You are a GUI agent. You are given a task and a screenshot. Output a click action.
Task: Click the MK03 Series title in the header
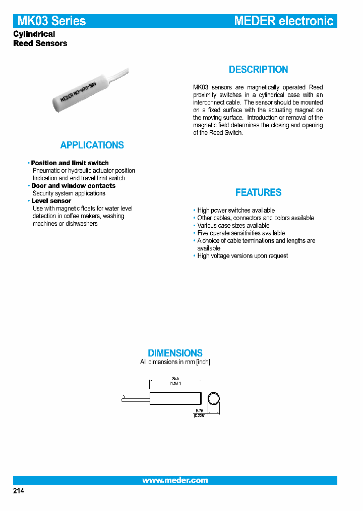51,21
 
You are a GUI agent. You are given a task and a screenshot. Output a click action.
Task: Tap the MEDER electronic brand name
283,21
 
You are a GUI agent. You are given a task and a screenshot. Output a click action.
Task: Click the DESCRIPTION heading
258,70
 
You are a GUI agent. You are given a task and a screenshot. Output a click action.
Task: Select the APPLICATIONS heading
92,145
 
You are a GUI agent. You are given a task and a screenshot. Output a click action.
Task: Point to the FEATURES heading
258,192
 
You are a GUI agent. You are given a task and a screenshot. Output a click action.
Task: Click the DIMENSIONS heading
175,353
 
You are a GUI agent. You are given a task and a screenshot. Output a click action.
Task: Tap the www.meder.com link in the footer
175,480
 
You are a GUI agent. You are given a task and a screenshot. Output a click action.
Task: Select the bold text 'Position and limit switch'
70,163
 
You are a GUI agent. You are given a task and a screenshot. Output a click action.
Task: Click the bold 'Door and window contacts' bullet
73,186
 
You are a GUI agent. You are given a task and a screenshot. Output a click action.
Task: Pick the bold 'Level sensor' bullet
51,201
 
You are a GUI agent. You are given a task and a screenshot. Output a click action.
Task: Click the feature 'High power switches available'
236,211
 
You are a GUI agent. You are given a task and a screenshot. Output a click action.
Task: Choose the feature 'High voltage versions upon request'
243,256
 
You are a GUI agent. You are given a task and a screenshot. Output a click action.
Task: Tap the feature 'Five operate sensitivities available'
241,233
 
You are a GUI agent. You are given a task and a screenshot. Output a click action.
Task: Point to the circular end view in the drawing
214,399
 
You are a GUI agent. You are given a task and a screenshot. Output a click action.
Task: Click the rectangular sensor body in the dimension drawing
175,399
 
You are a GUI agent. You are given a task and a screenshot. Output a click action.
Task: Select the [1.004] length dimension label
175,384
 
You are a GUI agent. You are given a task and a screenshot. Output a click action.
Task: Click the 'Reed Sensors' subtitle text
40,43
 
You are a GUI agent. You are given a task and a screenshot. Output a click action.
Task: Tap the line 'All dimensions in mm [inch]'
175,362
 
